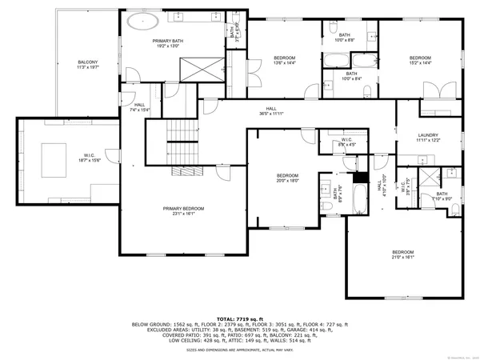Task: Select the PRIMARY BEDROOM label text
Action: (x=183, y=209)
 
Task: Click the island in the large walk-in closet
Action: (x=54, y=153)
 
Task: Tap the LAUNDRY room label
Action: (x=430, y=136)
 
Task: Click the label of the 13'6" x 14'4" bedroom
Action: (x=285, y=58)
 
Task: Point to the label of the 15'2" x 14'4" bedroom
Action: (x=420, y=58)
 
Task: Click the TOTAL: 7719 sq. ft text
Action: (x=240, y=318)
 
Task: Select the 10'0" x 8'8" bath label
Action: (x=345, y=35)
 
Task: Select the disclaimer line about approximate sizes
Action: (x=240, y=350)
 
